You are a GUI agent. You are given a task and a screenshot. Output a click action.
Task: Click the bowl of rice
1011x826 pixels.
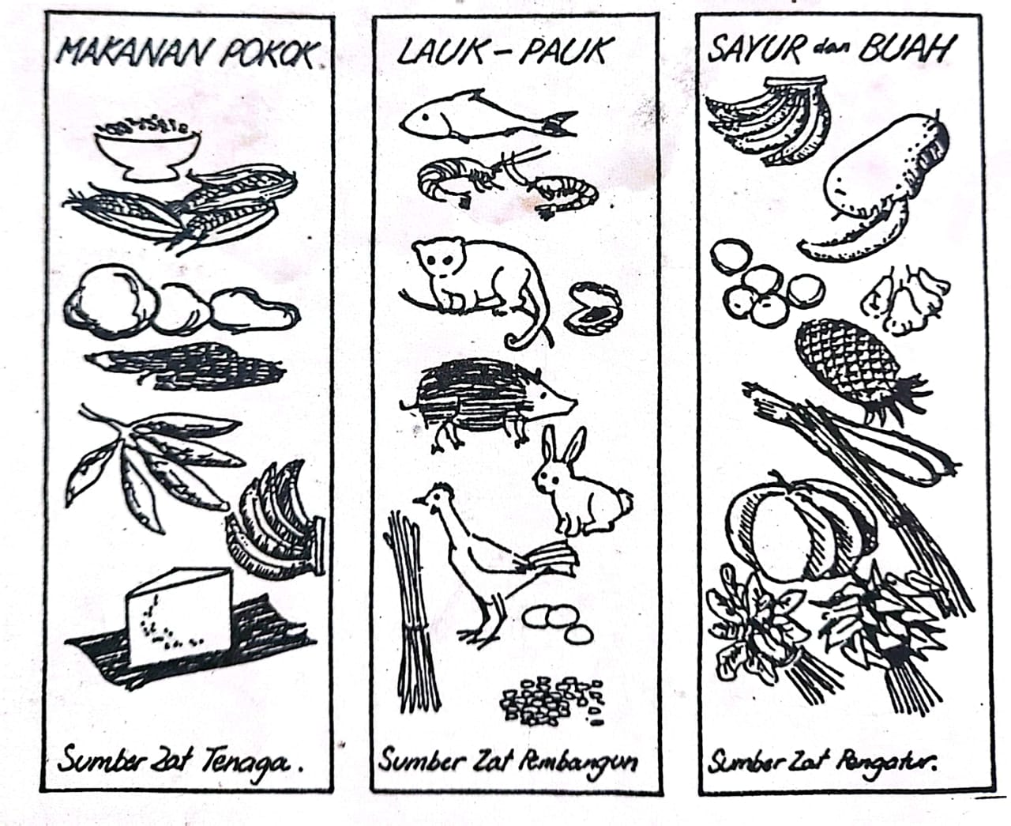[x=147, y=149]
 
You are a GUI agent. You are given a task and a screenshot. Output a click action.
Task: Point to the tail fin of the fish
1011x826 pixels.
[x=561, y=124]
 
